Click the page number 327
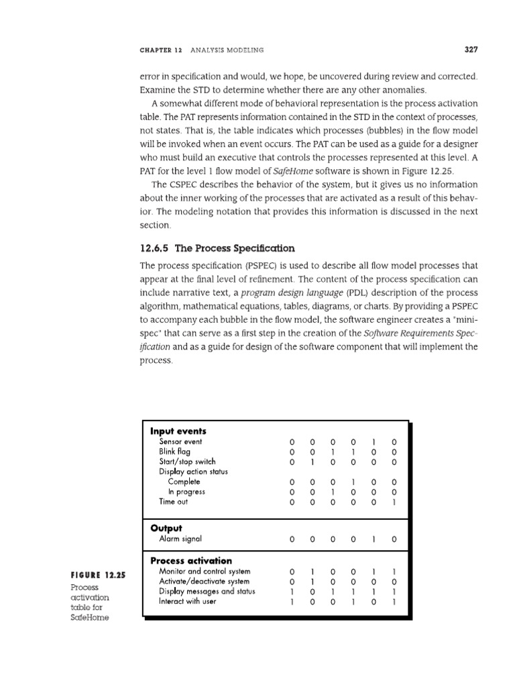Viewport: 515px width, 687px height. coord(469,49)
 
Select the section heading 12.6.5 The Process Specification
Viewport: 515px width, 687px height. coord(217,248)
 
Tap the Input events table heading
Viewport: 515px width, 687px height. coord(178,431)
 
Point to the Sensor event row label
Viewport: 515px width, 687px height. coord(180,442)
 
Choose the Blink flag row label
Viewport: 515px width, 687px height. coord(174,452)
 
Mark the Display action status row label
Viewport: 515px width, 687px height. coord(193,472)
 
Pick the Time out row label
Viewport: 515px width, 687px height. coord(173,501)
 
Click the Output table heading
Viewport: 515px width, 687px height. coord(166,528)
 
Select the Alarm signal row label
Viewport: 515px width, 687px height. coord(180,539)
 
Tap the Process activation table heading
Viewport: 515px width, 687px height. coord(191,560)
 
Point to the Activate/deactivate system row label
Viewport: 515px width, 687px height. coord(204,581)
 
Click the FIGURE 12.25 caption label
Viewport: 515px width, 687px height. coord(93,575)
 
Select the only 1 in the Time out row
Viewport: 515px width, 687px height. coord(394,501)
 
